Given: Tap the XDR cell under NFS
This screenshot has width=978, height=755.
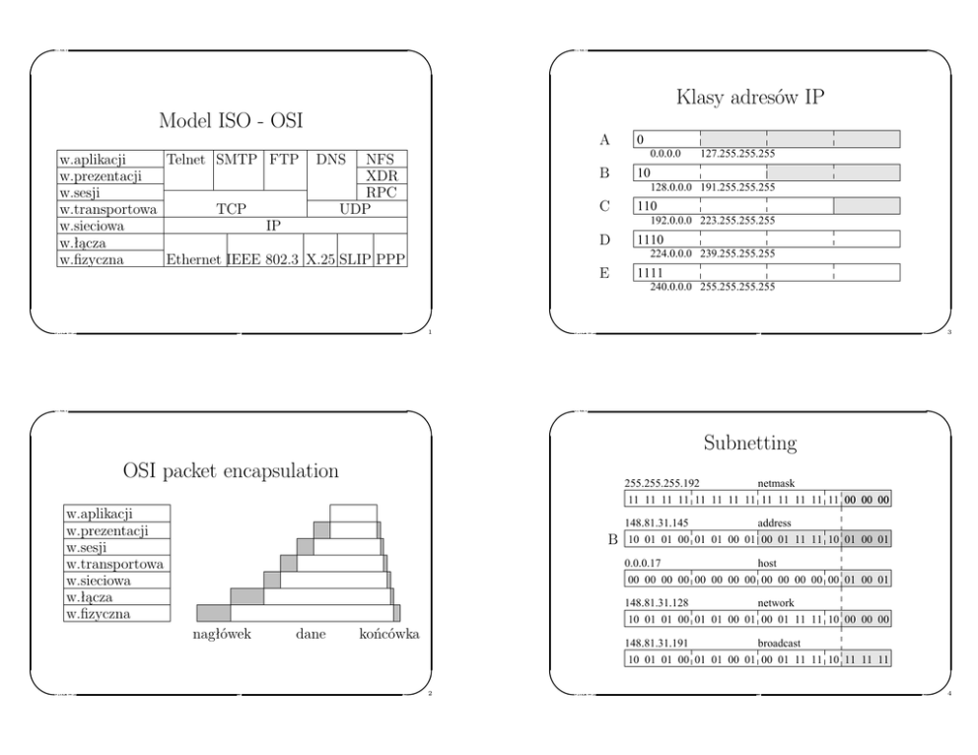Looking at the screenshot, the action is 382,175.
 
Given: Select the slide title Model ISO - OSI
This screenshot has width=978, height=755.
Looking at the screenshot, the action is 231,120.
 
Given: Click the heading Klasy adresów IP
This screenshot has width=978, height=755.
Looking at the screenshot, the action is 750,98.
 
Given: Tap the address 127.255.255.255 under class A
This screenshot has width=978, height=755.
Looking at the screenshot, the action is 737,154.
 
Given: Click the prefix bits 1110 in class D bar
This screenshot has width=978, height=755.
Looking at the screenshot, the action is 650,240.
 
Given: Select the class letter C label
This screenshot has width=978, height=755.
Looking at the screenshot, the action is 604,206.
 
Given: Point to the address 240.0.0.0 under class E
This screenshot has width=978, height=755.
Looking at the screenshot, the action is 671,287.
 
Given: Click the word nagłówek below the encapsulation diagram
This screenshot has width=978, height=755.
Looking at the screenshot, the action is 222,634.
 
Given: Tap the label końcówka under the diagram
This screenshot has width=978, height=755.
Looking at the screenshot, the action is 389,634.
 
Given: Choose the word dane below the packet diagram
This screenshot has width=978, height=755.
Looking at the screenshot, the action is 311,634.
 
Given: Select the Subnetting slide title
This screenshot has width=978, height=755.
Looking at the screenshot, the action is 750,443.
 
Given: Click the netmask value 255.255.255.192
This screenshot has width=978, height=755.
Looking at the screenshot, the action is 662,483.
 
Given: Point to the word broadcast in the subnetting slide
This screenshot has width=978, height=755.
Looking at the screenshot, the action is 779,643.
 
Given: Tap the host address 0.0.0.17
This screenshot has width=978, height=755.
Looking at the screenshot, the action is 643,563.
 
